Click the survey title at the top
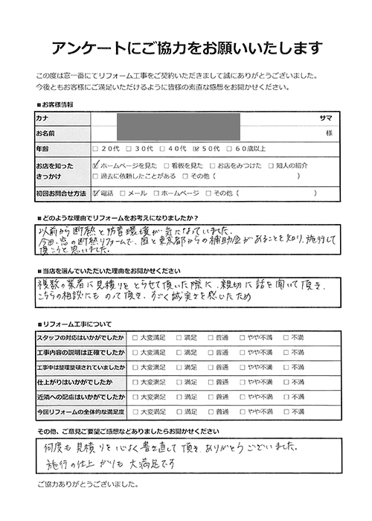186,48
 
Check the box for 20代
95,147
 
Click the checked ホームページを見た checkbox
95,164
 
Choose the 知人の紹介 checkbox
272,164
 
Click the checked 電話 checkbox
95,192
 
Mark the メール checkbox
124,192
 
